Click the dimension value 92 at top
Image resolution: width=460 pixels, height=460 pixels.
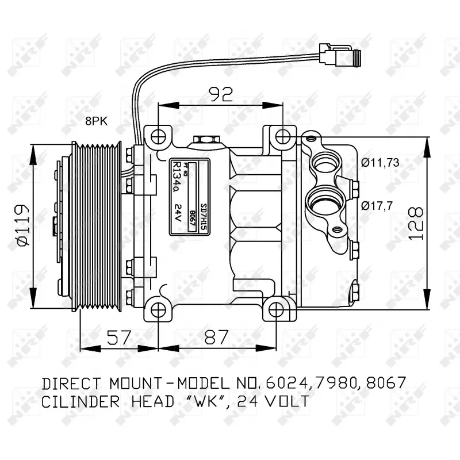click(x=220, y=94)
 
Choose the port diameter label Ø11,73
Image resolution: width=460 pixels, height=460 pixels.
click(x=380, y=162)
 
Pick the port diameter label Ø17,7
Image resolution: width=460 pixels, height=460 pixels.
click(x=377, y=205)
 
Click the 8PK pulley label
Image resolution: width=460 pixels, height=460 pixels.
click(x=96, y=121)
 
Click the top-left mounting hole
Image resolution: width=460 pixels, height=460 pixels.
click(x=158, y=137)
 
